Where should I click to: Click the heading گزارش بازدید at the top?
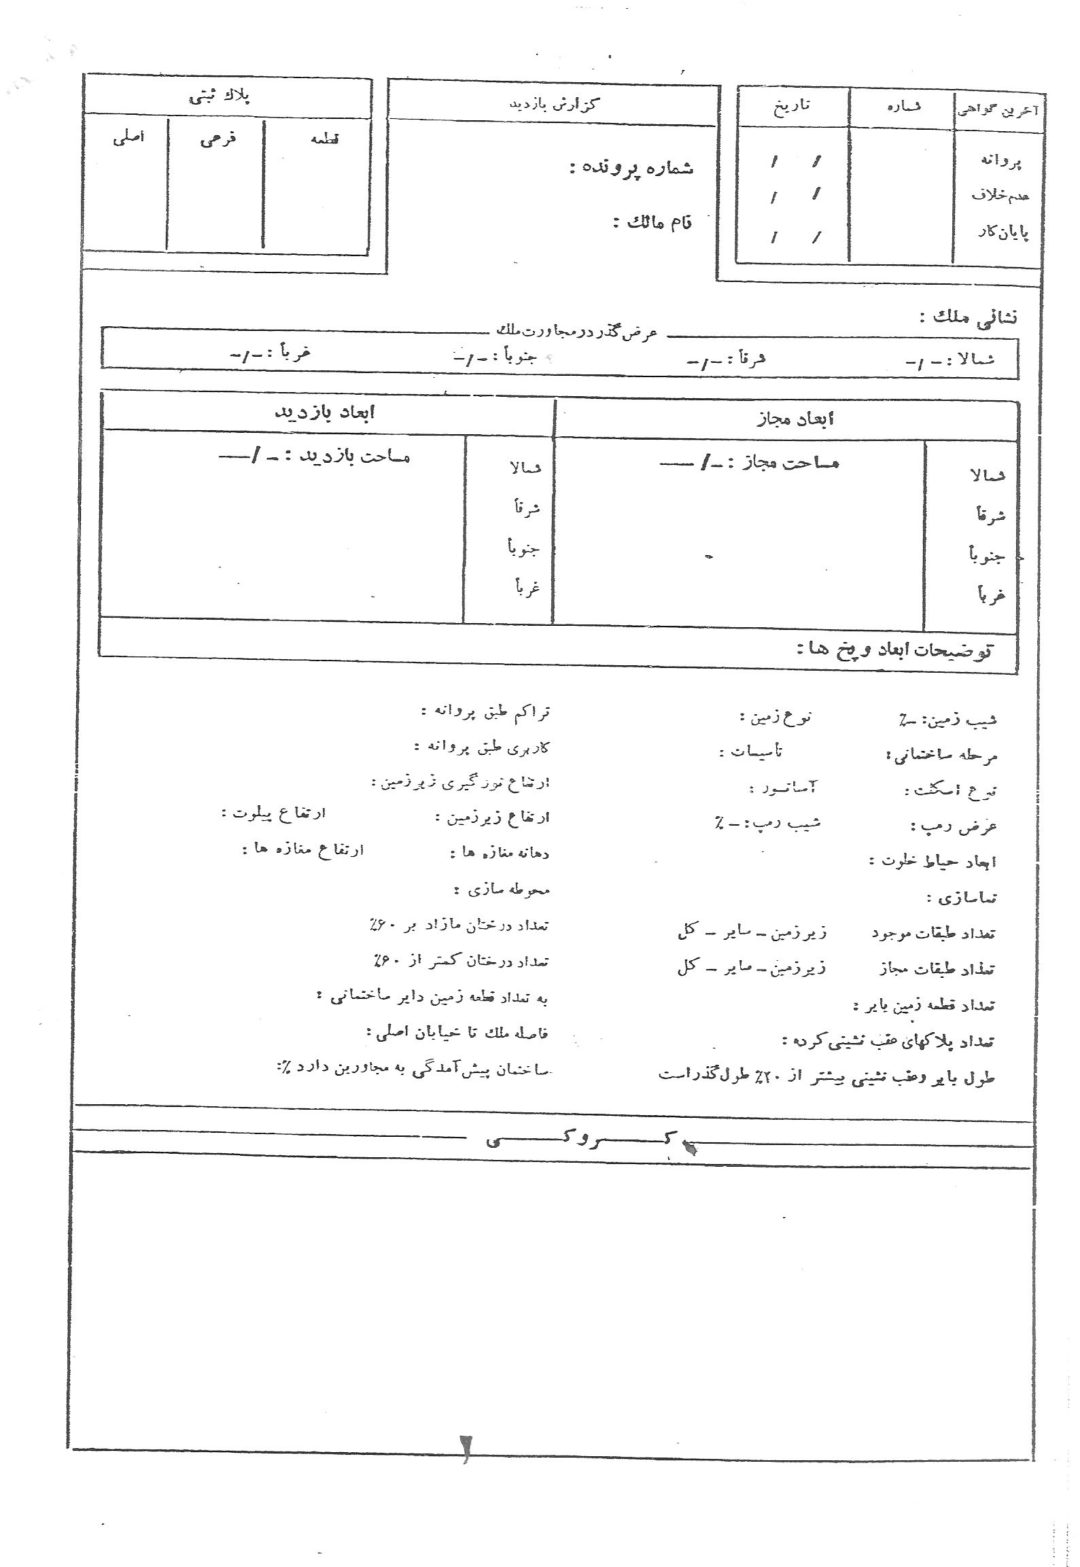tap(555, 104)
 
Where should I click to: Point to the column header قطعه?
tap(324, 139)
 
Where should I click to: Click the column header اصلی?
tap(128, 138)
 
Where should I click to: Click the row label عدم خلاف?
tap(1001, 196)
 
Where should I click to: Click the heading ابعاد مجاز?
tap(795, 419)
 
